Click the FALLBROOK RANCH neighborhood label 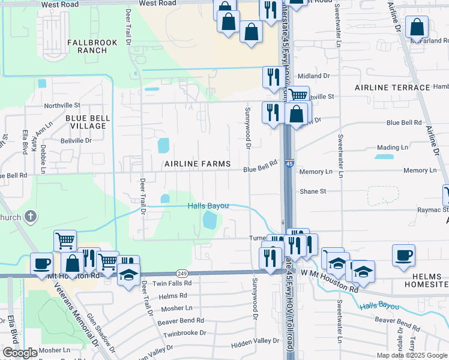coord(88,47)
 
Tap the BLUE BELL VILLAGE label coord(88,122)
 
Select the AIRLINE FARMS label coord(199,164)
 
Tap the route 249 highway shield coord(183,274)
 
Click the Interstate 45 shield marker coord(289,163)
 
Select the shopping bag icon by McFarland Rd coord(417,27)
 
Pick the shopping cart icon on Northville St coord(298,95)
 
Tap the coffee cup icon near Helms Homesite coord(403,254)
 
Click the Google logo coord(21,353)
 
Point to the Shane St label coord(313,191)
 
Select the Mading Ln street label coord(393,147)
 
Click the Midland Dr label coord(313,76)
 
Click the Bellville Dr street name coord(76,140)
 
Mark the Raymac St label coord(433,211)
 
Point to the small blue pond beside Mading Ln coord(384,157)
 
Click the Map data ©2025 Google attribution coord(412,355)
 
